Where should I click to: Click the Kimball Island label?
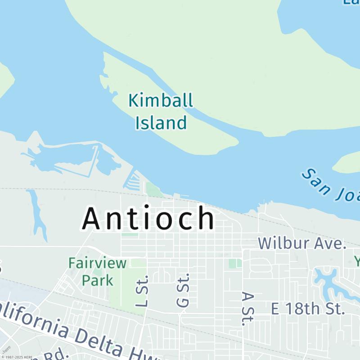point(161,111)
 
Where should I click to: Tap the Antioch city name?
point(148,218)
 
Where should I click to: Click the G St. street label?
point(183,290)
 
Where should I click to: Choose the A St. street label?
point(246,308)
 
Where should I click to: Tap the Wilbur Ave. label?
point(302,243)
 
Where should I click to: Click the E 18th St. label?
point(308,309)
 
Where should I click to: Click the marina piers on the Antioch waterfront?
point(133,182)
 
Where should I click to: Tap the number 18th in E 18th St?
point(301,309)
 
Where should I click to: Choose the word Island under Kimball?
point(161,122)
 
